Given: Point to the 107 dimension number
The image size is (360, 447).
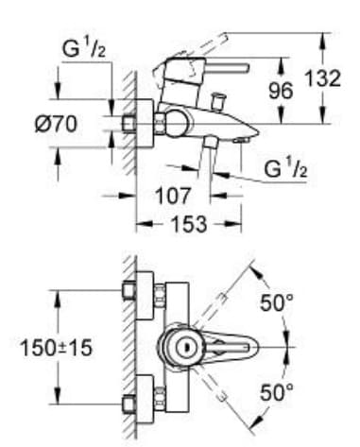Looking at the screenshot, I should pos(172,196).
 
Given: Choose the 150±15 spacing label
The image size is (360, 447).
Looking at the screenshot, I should pos(57,348).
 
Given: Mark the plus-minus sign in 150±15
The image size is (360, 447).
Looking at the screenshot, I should pos(63,348).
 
